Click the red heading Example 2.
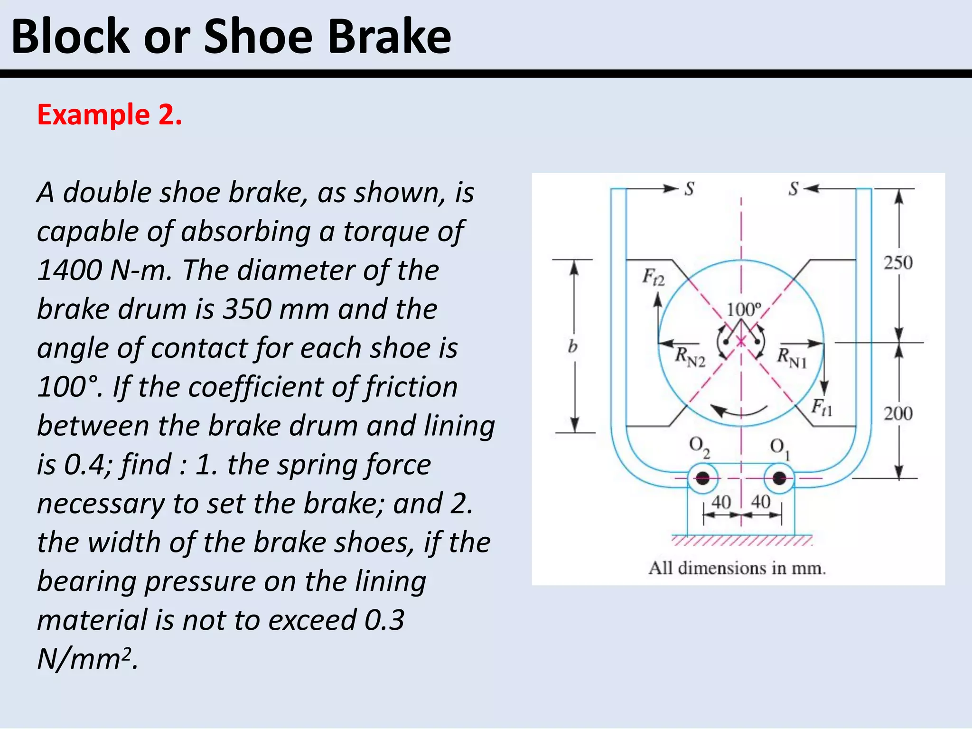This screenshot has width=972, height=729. point(110,115)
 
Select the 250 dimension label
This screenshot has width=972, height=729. point(898,263)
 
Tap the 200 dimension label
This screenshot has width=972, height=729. point(898,414)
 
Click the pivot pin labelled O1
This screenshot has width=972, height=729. point(779,478)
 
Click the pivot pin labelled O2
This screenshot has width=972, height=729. point(703,478)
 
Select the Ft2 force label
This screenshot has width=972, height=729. point(653,277)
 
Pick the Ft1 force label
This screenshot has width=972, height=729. point(822,407)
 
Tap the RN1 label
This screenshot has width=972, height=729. point(792,357)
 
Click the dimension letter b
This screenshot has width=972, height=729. point(573,346)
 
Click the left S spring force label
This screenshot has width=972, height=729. point(689,189)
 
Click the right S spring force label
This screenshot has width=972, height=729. point(794,189)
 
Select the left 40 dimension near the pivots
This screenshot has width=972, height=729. point(721,502)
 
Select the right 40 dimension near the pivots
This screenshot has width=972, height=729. point(761,502)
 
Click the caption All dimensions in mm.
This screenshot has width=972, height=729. point(737,568)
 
